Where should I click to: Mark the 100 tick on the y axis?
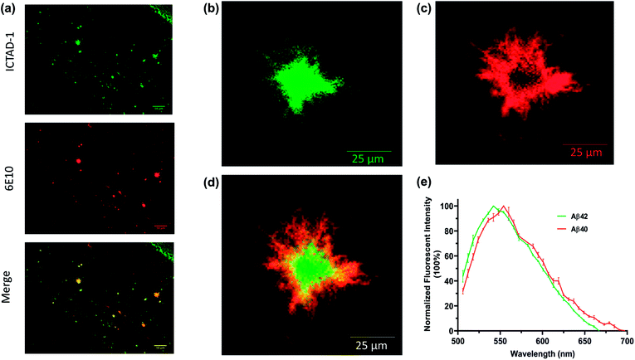click(444, 206)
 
